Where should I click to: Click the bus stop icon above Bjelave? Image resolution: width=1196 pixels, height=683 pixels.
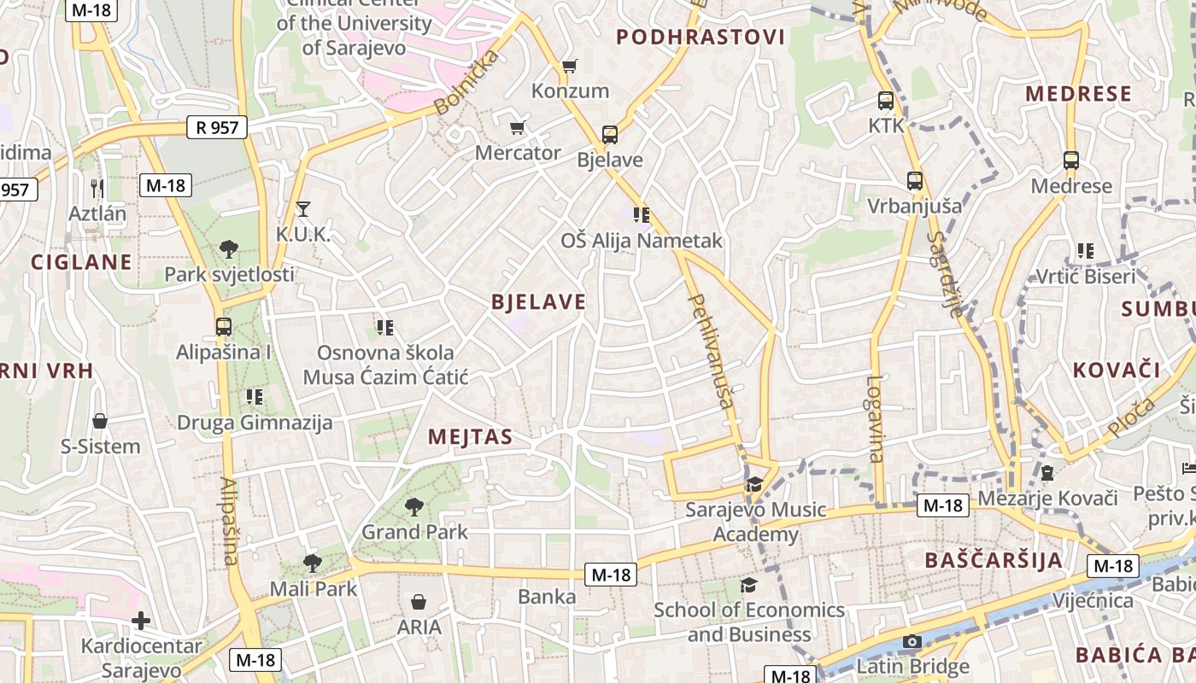click(x=609, y=134)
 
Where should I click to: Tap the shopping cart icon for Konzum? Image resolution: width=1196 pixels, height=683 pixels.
click(x=569, y=66)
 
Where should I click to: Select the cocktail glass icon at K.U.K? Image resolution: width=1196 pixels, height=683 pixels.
click(x=302, y=208)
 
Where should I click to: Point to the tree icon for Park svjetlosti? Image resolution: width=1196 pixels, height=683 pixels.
click(x=228, y=249)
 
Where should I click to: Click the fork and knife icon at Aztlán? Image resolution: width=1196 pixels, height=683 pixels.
click(x=97, y=188)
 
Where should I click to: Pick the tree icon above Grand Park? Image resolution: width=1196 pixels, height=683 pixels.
click(x=414, y=507)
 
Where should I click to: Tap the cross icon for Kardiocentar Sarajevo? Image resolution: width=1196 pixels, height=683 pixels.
click(x=141, y=621)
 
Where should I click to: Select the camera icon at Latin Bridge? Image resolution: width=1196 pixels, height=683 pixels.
click(x=912, y=641)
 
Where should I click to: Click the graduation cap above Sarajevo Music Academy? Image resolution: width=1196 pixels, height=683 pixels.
click(x=754, y=485)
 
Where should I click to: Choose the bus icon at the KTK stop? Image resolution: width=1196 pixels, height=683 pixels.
click(x=886, y=100)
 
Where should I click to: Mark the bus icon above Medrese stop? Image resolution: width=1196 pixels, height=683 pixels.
click(x=1071, y=161)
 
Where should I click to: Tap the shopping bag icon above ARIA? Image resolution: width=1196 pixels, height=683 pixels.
click(x=419, y=602)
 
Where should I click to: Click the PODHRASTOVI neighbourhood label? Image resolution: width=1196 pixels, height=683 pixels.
click(x=700, y=37)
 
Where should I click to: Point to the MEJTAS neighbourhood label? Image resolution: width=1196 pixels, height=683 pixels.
click(x=470, y=437)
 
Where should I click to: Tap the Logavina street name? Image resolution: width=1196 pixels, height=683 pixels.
click(x=875, y=418)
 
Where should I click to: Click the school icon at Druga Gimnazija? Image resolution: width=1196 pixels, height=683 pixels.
click(x=254, y=396)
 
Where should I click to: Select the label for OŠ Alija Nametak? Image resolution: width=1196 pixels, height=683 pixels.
click(x=641, y=241)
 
